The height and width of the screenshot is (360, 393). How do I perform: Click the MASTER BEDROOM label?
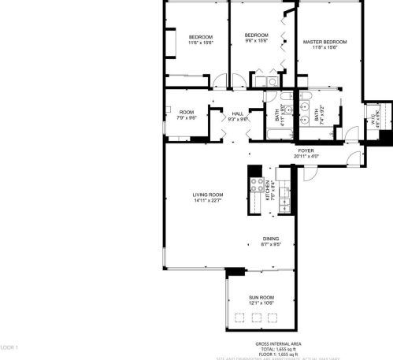click(324, 41)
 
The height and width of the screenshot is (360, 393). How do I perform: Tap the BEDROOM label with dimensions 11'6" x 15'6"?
click(201, 38)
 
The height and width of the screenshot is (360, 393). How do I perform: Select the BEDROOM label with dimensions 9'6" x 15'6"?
click(257, 35)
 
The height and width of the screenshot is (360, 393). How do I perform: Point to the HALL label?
click(238, 113)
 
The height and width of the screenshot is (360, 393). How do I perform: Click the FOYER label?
click(305, 150)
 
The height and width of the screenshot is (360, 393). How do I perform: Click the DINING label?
click(271, 239)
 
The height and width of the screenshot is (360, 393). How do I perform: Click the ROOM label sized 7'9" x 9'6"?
click(187, 113)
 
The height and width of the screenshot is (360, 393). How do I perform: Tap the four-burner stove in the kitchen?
click(256, 186)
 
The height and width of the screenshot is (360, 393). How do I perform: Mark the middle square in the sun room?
click(256, 317)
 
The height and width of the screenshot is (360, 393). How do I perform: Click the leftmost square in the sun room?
click(239, 317)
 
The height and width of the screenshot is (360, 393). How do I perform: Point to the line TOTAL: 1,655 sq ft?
click(275, 349)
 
